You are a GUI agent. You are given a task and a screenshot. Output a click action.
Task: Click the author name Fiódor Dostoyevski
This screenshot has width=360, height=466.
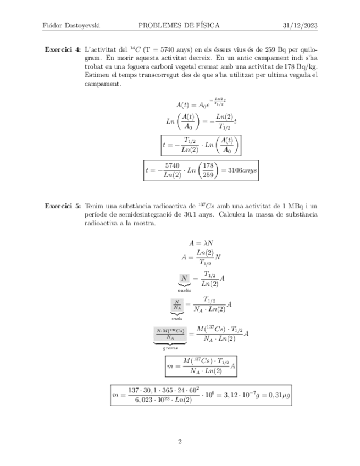pos(74,25)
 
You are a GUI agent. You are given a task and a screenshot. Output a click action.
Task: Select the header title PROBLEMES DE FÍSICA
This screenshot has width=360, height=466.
pos(179,25)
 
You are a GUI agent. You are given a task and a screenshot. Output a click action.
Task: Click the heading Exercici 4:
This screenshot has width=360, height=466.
pos(63,49)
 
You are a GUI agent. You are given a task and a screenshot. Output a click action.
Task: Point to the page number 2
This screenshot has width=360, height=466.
pos(180,441)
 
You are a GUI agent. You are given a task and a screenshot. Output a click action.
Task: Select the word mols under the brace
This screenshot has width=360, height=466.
pos(177,318)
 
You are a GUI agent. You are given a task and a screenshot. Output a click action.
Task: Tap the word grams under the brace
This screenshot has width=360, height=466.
pos(170,347)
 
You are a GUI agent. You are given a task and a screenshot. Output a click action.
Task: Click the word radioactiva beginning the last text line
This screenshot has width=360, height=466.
pos(104,224)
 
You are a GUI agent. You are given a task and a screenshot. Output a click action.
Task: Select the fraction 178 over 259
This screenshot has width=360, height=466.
pos(207,171)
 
